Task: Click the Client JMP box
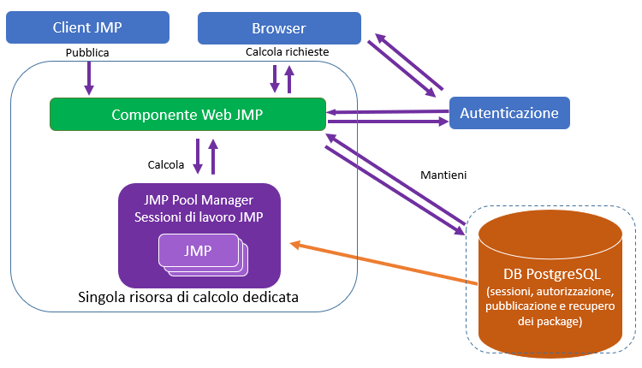coord(87,27)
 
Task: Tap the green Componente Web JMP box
coord(187,114)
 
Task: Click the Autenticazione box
coord(509,113)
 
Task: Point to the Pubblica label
coord(87,52)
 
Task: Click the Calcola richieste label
coord(287,52)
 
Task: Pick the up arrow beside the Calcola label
coord(213,159)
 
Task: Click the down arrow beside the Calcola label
coord(198,157)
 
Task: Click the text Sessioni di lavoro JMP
coord(199,217)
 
